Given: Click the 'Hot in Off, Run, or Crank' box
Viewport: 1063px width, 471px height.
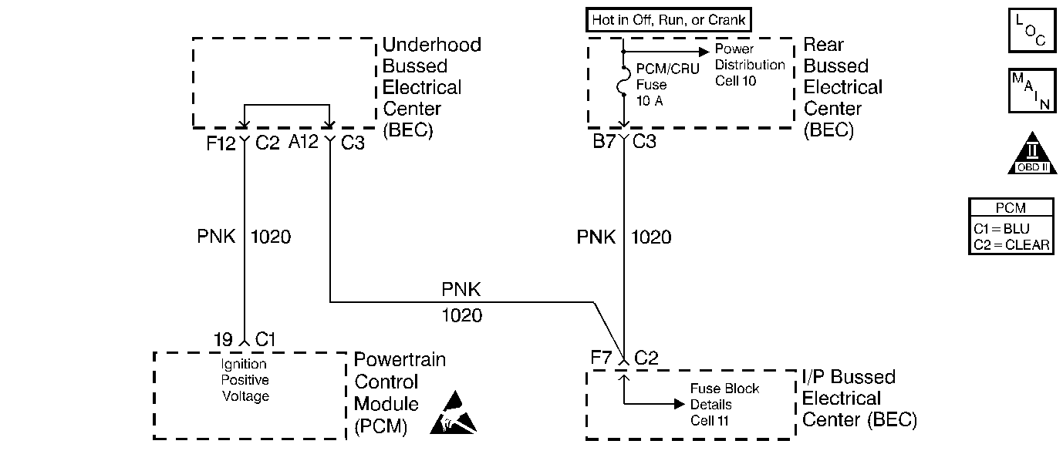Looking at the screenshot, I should pos(669,20).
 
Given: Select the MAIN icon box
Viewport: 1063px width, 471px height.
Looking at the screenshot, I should pos(1031,92).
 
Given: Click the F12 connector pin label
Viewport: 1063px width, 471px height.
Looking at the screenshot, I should pos(221,143).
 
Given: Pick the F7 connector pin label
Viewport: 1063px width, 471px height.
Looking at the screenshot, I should pos(602,358).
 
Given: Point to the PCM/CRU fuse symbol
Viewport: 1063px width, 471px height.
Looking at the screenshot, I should pos(623,83).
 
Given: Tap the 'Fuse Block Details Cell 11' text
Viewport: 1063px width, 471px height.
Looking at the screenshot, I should pos(714,405).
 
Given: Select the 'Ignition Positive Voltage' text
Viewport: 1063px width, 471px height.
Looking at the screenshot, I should pos(245,380).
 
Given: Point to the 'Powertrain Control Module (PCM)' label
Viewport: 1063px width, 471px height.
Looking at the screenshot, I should pos(399,393).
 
